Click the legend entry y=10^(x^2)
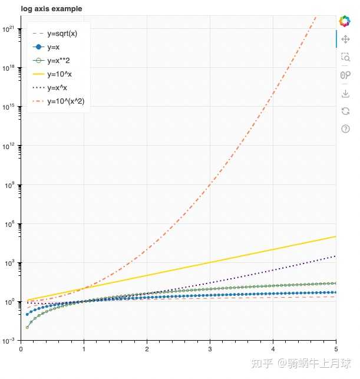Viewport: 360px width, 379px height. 65,101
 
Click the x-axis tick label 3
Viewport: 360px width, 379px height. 210,349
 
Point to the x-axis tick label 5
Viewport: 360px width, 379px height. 336,349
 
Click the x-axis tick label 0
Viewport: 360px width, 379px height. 21,349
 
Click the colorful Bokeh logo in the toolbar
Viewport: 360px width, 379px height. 345,21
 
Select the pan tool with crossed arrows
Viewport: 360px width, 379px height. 345,39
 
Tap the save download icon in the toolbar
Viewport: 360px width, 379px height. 345,93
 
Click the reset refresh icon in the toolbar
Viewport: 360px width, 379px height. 345,111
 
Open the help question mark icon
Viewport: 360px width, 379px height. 345,128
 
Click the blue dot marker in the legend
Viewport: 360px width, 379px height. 38,47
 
